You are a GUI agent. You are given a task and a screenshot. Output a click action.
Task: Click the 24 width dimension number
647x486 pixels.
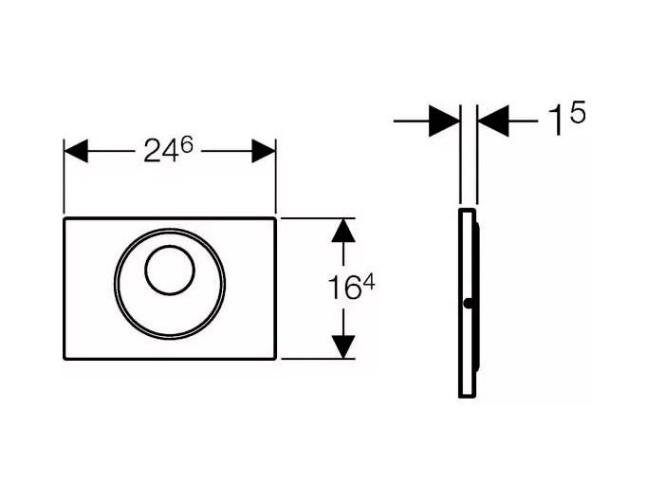161,150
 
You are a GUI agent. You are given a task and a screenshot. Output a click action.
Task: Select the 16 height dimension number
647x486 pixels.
344,289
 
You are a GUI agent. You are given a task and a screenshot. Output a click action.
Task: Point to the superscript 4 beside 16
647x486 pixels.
368,283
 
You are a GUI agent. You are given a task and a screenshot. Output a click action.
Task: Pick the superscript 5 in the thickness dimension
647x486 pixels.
577,112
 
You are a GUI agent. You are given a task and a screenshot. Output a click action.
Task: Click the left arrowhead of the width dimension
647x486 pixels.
76,151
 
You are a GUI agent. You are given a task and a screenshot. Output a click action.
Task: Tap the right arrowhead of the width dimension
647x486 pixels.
263,151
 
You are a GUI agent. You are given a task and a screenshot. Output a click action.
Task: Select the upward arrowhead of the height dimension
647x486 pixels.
343,231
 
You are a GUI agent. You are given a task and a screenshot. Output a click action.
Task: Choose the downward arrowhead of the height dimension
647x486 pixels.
343,346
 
